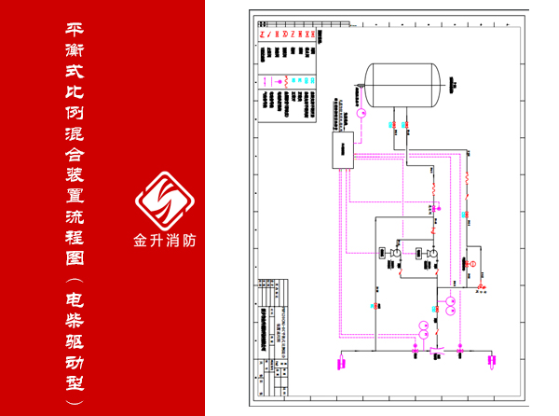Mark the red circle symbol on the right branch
(x=471, y=266)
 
